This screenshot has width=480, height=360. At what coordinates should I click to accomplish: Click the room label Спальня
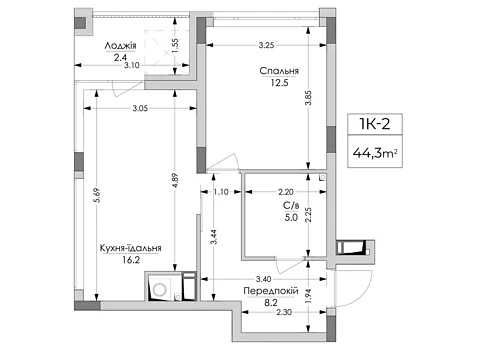click(279, 71)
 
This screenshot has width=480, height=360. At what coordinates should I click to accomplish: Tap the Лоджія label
click(120, 46)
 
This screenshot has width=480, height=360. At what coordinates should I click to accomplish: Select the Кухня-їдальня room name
click(131, 248)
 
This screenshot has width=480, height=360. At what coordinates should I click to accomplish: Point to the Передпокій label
click(271, 291)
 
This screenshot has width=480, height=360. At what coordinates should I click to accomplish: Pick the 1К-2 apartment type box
click(375, 124)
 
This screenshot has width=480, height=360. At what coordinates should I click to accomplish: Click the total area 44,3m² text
click(375, 153)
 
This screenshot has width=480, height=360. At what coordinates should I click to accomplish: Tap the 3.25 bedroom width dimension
click(266, 45)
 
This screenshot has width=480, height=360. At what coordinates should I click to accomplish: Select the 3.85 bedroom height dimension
click(309, 98)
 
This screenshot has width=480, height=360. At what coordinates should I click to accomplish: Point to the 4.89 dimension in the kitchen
click(176, 180)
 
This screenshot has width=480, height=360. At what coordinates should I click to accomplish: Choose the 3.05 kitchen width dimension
click(140, 108)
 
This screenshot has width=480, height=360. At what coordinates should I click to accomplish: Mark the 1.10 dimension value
click(221, 192)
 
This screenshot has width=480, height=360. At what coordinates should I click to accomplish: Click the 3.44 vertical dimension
click(214, 237)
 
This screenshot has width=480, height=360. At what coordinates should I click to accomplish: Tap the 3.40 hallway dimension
click(263, 279)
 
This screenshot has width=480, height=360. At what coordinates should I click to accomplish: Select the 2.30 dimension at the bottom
click(284, 312)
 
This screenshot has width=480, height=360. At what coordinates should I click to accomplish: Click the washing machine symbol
click(160, 289)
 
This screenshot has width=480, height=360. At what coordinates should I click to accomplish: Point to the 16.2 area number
click(131, 260)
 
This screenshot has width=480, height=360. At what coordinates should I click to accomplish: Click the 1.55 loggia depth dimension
click(176, 45)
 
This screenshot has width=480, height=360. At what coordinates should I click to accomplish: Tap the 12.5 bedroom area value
click(279, 83)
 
